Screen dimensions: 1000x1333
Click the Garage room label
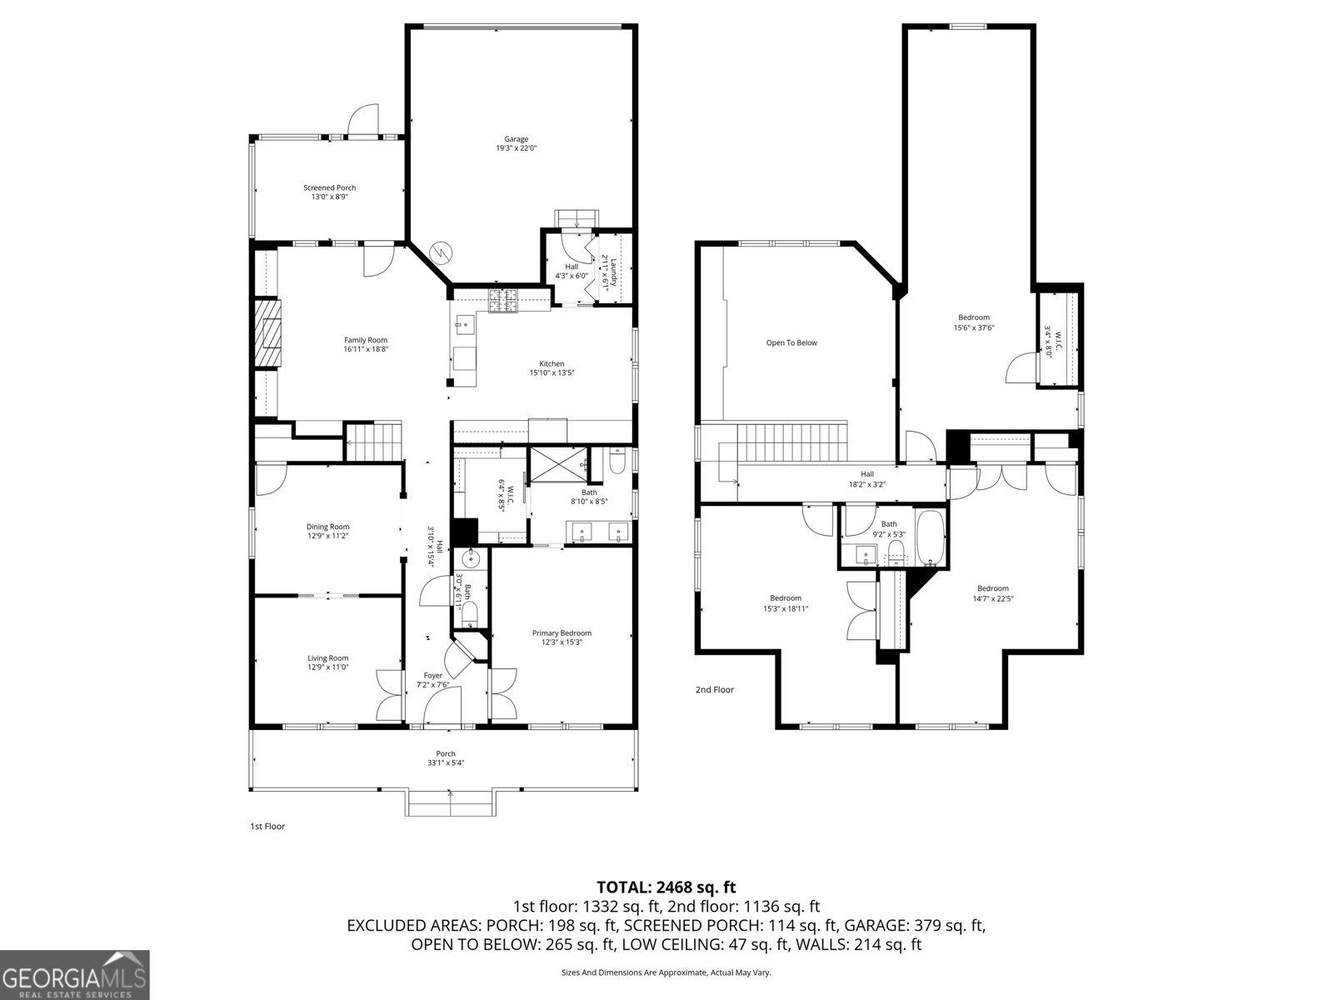tap(516, 139)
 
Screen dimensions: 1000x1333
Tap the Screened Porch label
tap(329, 187)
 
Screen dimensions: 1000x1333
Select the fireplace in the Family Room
tap(268, 332)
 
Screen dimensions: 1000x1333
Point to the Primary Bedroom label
tap(562, 633)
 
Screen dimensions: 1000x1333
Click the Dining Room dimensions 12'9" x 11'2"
tap(327, 536)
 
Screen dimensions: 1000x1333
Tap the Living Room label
tap(327, 657)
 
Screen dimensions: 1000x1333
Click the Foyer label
tap(433, 675)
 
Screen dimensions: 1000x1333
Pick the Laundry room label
tap(612, 273)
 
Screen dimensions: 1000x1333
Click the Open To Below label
tap(791, 342)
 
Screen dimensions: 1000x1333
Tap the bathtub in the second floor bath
tap(930, 537)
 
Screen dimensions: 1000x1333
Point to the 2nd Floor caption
tap(715, 689)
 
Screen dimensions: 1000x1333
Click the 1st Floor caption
tap(267, 826)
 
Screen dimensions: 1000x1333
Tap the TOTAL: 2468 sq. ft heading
tap(666, 887)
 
